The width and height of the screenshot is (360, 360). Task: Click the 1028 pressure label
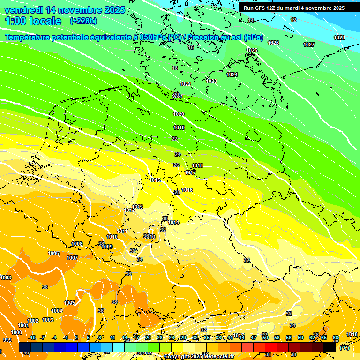click(x=339, y=37)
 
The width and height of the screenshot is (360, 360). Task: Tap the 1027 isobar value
click(x=309, y=45)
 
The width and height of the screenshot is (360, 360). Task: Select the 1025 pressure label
click(x=252, y=50)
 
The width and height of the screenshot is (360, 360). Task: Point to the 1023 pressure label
click(x=211, y=81)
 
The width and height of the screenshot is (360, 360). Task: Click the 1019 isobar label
click(x=179, y=127)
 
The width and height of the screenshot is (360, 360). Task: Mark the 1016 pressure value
click(x=187, y=190)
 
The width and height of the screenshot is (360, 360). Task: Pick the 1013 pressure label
click(x=137, y=207)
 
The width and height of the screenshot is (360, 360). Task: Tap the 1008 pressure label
click(x=77, y=244)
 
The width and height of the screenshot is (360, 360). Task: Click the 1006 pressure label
click(x=54, y=253)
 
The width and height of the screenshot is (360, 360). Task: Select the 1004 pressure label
click(x=57, y=311)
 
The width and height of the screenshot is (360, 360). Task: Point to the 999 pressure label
click(x=7, y=340)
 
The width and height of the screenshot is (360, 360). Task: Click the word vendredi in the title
click(x=24, y=10)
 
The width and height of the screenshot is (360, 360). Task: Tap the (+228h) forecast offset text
click(x=83, y=21)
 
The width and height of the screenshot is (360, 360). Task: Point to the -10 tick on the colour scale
click(x=32, y=337)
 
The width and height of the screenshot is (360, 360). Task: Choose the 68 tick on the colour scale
click(x=336, y=337)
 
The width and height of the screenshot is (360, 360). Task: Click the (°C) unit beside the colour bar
click(x=344, y=348)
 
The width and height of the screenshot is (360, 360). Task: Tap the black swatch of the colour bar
click(x=330, y=347)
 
